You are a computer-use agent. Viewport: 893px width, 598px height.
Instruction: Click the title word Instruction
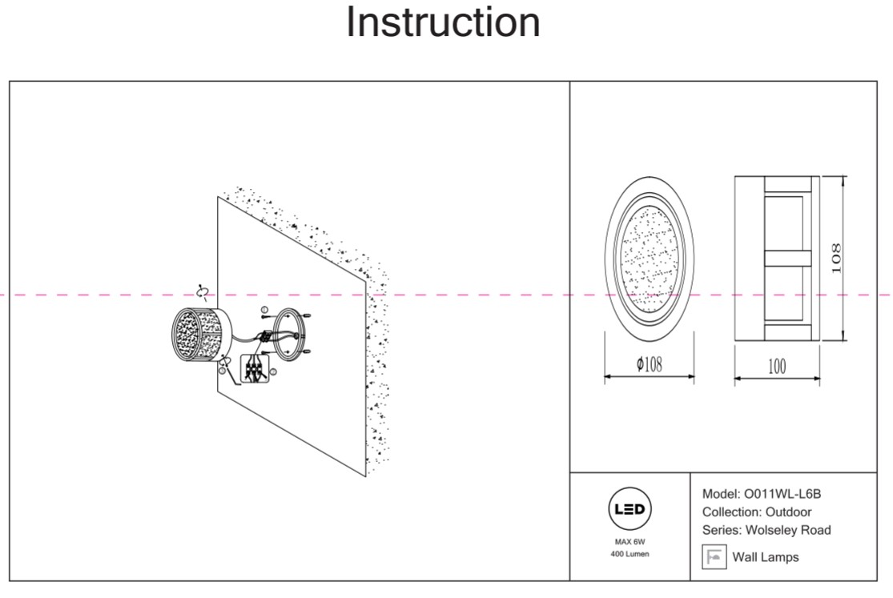pyautogui.click(x=443, y=22)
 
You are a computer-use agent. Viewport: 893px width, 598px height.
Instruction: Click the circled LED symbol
pyautogui.click(x=630, y=509)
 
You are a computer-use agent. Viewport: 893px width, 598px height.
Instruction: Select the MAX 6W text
pyautogui.click(x=630, y=542)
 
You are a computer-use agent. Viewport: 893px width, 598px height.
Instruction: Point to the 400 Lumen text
pyautogui.click(x=630, y=555)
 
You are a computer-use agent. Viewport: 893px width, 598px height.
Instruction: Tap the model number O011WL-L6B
pyautogui.click(x=782, y=494)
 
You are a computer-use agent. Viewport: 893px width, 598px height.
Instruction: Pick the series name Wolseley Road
pyautogui.click(x=788, y=530)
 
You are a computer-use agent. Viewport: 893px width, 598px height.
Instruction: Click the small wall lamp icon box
pyautogui.click(x=714, y=556)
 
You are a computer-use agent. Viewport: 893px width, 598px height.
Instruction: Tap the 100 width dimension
pyautogui.click(x=776, y=367)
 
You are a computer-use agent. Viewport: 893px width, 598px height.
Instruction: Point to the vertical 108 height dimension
pyautogui.click(x=836, y=258)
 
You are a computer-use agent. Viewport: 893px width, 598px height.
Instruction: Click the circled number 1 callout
pyautogui.click(x=265, y=309)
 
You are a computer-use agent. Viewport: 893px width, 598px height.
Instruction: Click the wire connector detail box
pyautogui.click(x=255, y=370)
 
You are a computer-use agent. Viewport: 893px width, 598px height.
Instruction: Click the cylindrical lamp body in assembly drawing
pyautogui.click(x=199, y=335)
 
